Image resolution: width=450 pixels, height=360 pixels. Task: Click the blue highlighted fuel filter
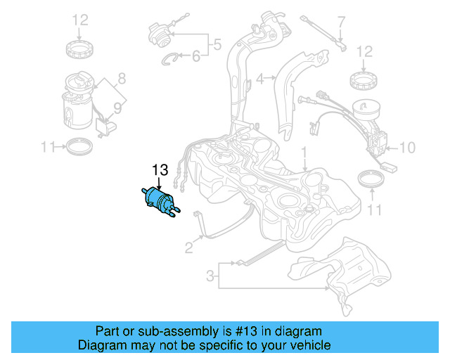coord(161,200)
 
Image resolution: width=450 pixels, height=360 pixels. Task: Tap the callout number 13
coord(160,169)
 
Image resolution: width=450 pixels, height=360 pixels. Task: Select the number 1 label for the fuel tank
coord(304,152)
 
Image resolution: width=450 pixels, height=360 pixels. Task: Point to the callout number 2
coord(188,247)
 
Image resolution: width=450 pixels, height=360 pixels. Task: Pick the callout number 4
coord(259,79)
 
